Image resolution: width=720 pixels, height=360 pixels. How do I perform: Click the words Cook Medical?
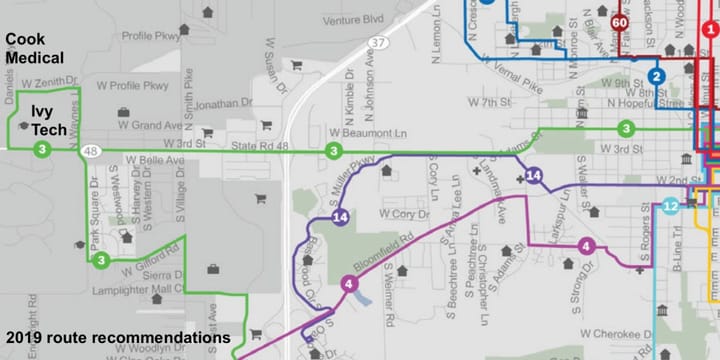[x=35, y=48]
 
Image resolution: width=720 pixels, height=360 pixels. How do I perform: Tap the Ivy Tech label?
[x=41, y=119]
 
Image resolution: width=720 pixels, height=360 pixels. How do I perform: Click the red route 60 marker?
[x=620, y=22]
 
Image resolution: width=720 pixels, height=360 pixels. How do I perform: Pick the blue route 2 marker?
[x=656, y=76]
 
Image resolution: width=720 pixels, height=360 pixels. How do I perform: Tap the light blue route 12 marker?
[x=671, y=207]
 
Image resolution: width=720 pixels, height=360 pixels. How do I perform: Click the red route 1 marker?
[x=710, y=31]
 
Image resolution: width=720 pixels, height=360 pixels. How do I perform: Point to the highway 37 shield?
[x=377, y=43]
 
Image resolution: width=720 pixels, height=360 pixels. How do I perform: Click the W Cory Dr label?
[x=403, y=214]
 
